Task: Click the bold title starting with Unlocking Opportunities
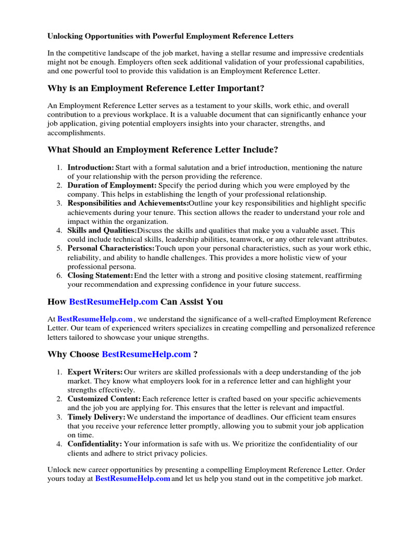tap(170, 36)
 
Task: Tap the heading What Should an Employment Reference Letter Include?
tap(163, 150)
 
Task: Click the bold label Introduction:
tap(91, 168)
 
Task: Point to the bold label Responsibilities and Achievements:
tap(128, 203)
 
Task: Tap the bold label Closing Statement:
tap(101, 275)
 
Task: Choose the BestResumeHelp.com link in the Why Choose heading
tap(146, 354)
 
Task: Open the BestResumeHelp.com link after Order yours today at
tap(133, 478)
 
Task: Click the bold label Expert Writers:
tap(95, 372)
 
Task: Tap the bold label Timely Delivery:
tap(96, 417)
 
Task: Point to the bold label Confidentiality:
tap(95, 443)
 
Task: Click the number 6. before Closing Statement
tap(59, 275)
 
